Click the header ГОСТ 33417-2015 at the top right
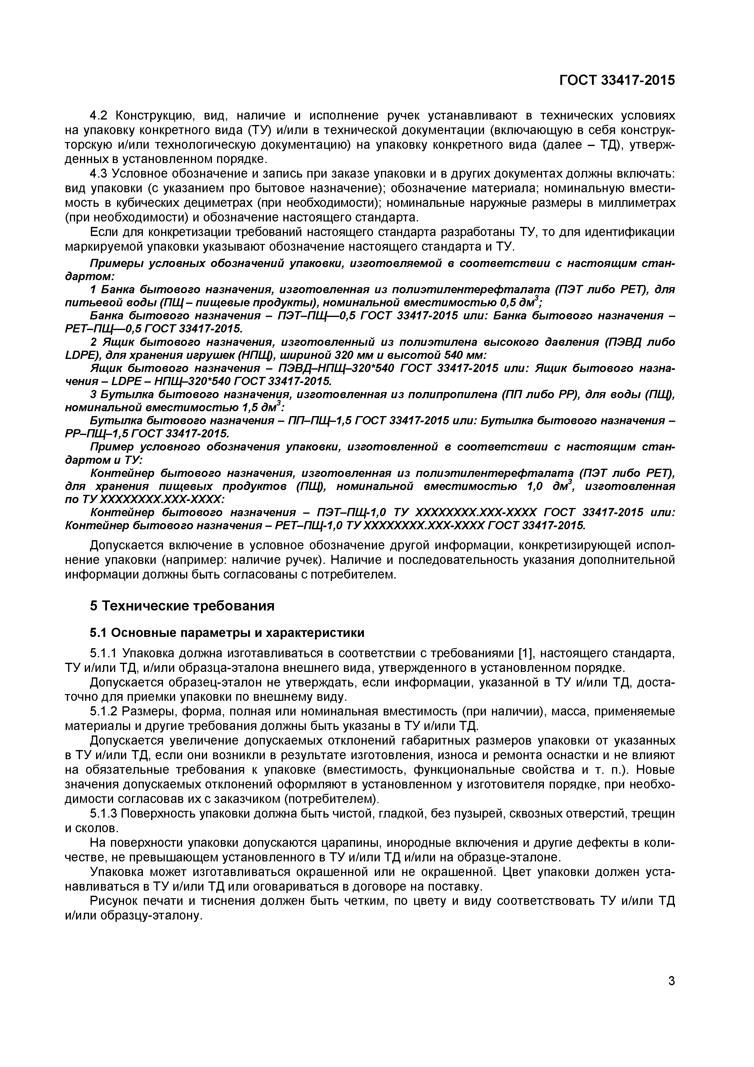point(617,80)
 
